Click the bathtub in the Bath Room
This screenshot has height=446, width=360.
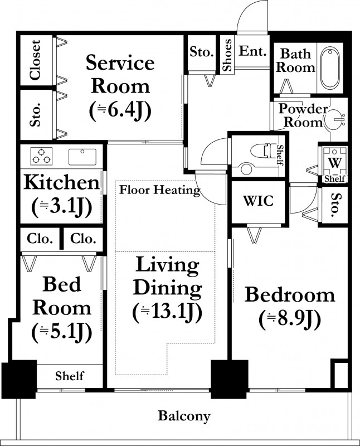pyautogui.click(x=330, y=68)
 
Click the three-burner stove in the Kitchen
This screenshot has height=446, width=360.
pyautogui.click(x=41, y=156)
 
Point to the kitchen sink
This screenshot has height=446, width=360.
pyautogui.click(x=82, y=157)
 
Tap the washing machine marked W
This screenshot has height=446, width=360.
pyautogui.click(x=335, y=163)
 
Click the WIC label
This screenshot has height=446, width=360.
pyautogui.click(x=258, y=201)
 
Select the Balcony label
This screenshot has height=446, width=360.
pyautogui.click(x=184, y=416)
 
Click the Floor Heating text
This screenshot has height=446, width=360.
pyautogui.click(x=159, y=190)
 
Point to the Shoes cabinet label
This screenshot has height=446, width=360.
pyautogui.click(x=227, y=55)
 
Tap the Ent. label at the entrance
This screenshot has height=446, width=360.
pyautogui.click(x=252, y=51)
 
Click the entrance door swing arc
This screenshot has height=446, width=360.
pyautogui.click(x=245, y=9)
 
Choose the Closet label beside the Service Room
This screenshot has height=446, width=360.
pyautogui.click(x=36, y=60)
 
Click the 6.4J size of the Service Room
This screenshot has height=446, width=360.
pyautogui.click(x=120, y=111)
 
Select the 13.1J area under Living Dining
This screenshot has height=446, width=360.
pyautogui.click(x=168, y=313)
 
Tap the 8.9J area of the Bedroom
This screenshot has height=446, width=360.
pyautogui.click(x=290, y=319)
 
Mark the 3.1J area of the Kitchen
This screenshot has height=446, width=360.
pyautogui.click(x=62, y=207)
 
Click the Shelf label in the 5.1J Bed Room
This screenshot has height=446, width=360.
pyautogui.click(x=70, y=376)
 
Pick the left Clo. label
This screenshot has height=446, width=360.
pyautogui.click(x=40, y=239)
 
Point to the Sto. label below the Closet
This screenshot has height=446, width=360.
pyautogui.click(x=36, y=115)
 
